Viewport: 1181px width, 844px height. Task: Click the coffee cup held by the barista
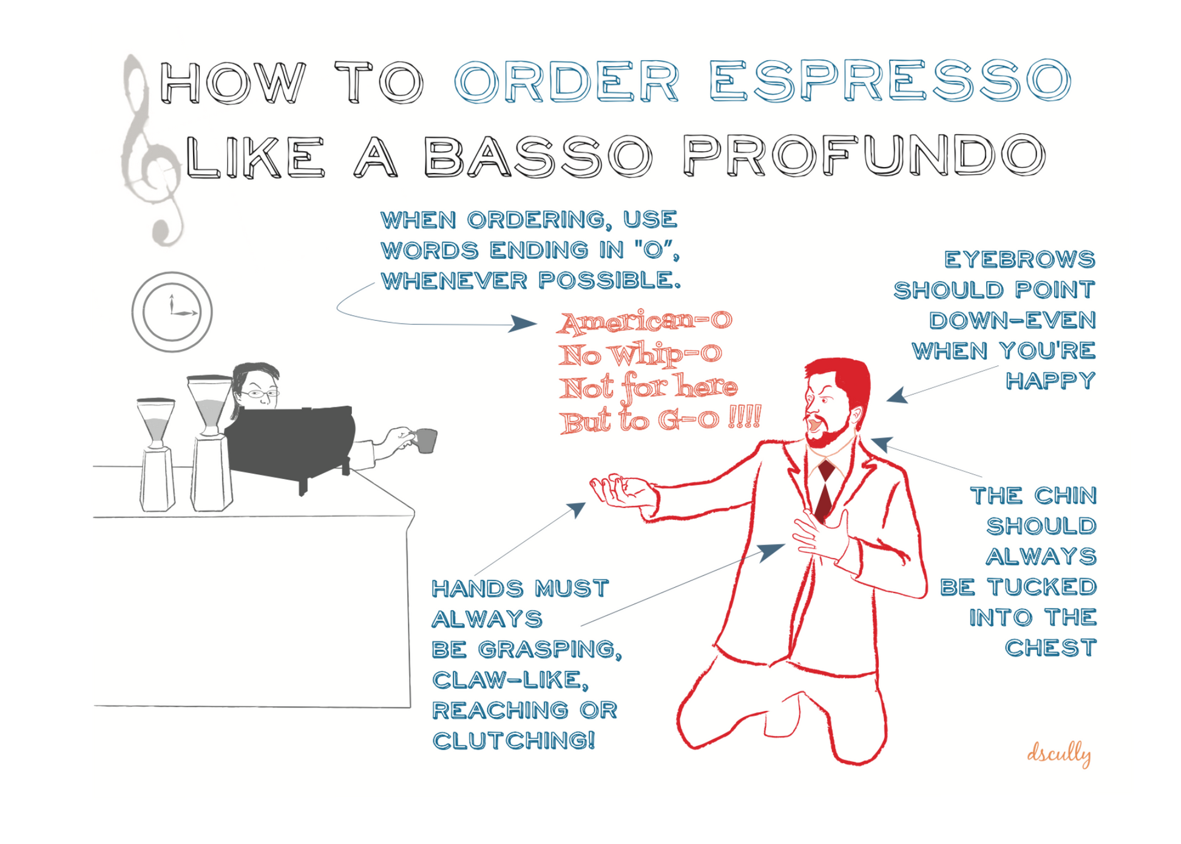pos(425,440)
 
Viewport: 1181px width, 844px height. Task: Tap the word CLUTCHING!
pos(513,741)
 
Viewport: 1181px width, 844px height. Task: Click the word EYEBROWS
pos(1020,260)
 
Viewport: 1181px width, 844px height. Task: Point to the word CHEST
pos(1051,648)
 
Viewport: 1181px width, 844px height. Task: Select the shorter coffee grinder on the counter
pos(157,454)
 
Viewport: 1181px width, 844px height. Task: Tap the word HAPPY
pos(1051,381)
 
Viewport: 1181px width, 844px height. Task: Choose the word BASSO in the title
pos(538,156)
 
